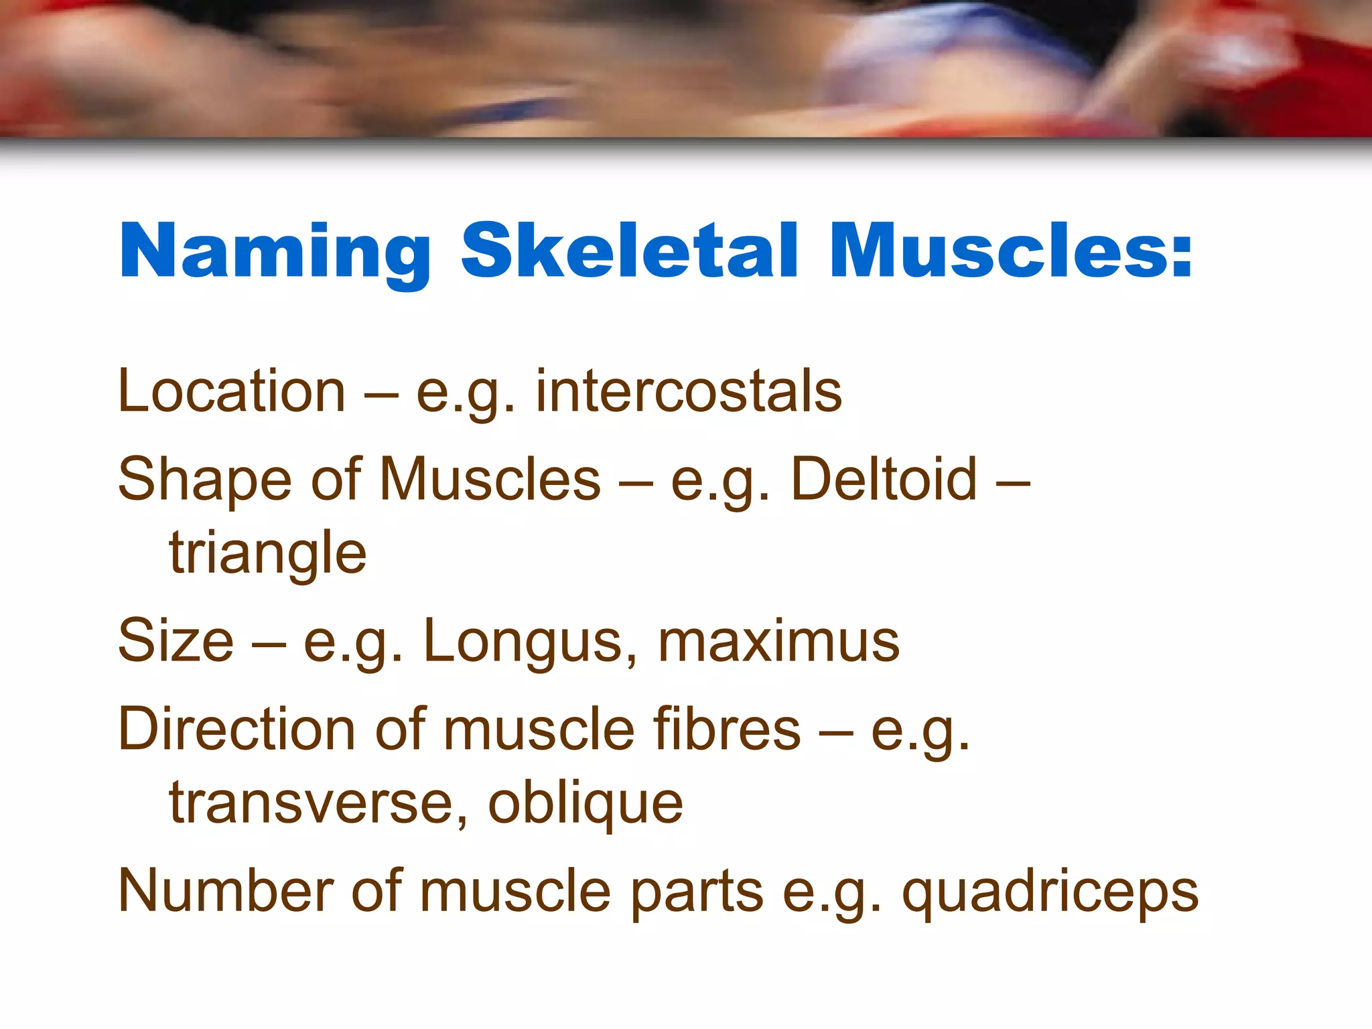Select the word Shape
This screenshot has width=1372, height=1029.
[x=204, y=480]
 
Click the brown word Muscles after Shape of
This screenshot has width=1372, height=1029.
[x=490, y=480]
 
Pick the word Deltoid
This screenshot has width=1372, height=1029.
[x=884, y=480]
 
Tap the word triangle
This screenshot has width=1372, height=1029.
[x=268, y=553]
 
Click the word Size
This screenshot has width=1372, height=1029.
[x=176, y=641]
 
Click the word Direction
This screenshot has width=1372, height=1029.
[x=236, y=729]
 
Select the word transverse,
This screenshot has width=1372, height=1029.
[x=319, y=803]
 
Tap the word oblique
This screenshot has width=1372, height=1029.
[x=586, y=803]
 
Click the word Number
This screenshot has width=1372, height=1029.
[x=226, y=891]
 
